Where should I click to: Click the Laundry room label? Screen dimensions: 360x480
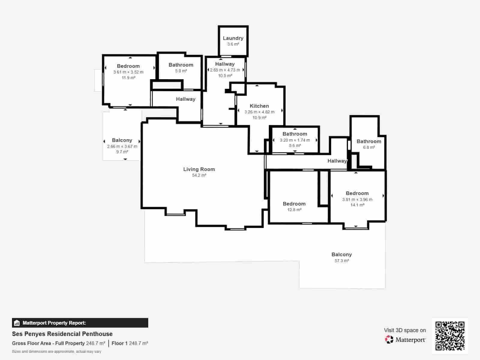click(x=233, y=38)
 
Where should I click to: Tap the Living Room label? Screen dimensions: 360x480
click(x=199, y=169)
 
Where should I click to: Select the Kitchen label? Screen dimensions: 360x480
click(x=259, y=106)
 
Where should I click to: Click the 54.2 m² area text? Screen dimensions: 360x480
click(x=199, y=175)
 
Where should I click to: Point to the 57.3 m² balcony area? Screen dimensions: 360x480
click(x=341, y=261)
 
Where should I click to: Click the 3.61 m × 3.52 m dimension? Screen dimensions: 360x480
click(x=128, y=72)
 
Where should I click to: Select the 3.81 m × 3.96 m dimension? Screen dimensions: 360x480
click(x=357, y=199)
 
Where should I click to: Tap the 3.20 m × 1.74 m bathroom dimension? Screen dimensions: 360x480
click(x=295, y=140)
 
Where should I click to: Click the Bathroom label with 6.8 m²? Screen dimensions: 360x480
click(x=369, y=141)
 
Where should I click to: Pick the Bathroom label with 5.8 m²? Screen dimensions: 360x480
click(x=181, y=65)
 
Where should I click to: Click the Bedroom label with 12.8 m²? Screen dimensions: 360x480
click(x=294, y=204)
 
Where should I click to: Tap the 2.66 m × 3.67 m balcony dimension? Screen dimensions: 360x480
click(x=122, y=146)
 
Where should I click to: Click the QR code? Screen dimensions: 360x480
click(x=450, y=336)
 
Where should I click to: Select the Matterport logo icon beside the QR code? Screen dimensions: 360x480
click(x=389, y=340)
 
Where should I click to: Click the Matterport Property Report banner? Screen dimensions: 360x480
click(x=80, y=323)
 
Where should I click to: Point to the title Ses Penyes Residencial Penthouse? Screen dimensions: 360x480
click(x=62, y=334)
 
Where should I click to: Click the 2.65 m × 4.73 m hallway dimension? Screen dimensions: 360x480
click(x=225, y=70)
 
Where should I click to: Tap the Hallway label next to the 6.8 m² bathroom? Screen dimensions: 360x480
click(x=337, y=161)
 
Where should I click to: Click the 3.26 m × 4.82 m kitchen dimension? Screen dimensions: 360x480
click(x=259, y=112)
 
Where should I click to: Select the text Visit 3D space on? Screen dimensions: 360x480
click(x=405, y=330)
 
